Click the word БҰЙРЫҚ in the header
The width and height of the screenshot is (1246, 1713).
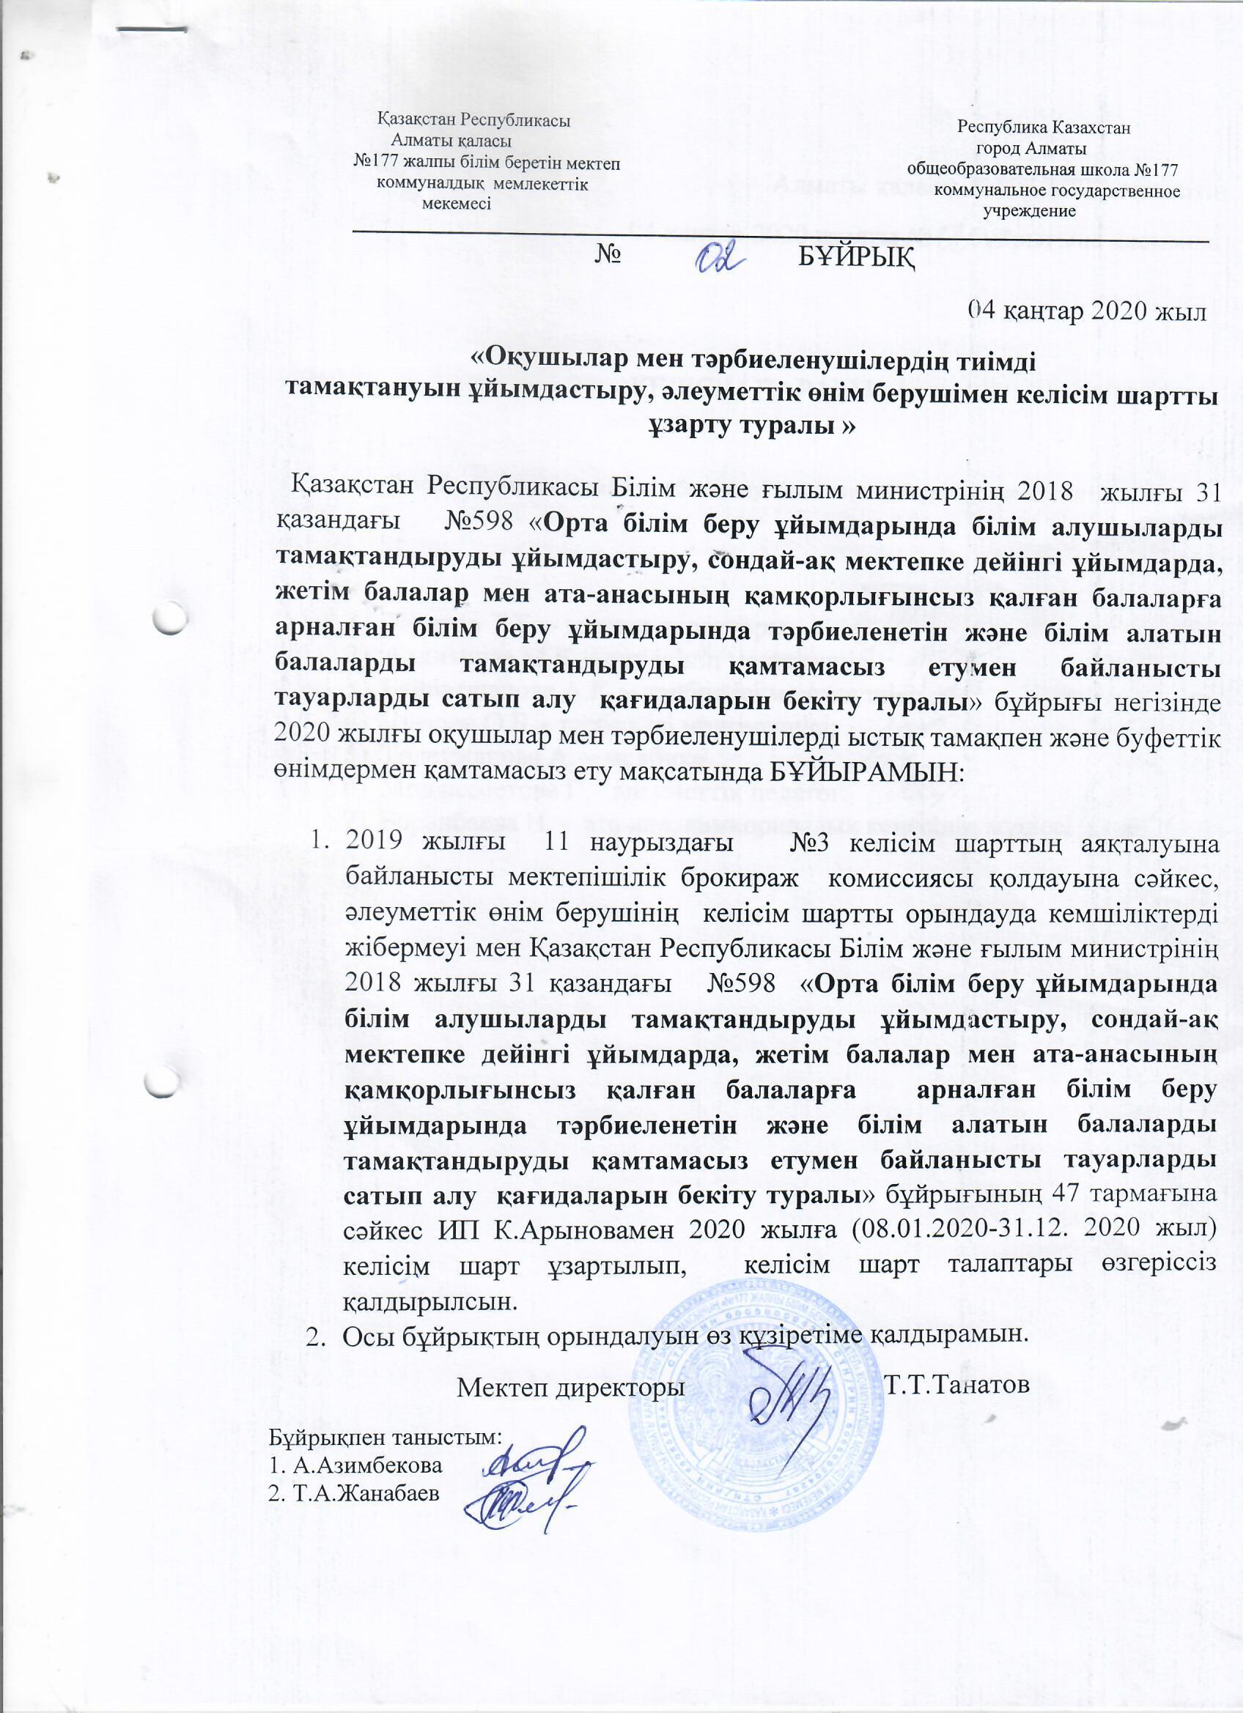(x=855, y=259)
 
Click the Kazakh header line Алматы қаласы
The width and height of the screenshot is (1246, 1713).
(x=451, y=141)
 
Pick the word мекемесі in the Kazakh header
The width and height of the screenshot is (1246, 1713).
(x=457, y=203)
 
